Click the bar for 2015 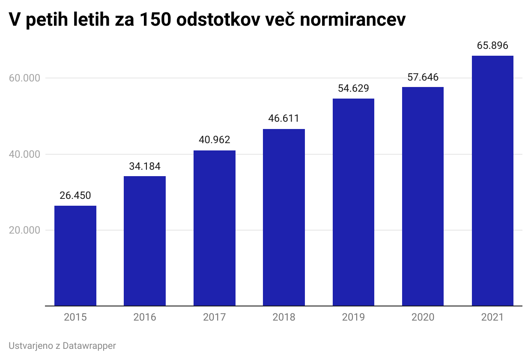coord(75,256)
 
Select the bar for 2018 coord(284,217)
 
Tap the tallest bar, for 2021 coord(492,181)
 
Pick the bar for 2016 coord(145,241)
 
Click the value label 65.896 coord(492,45)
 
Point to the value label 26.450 coord(75,195)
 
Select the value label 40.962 coord(215,140)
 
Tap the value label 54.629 coord(353,88)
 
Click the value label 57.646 coord(423,77)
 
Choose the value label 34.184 coord(145,166)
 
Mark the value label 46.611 coord(284,118)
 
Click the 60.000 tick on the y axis coord(24,78)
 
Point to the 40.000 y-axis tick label coord(24,154)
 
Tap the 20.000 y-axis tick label coord(24,230)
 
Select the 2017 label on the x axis coord(215,318)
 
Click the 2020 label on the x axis coord(423,318)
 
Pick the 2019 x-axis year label coord(353,318)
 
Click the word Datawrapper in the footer coord(89,346)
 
